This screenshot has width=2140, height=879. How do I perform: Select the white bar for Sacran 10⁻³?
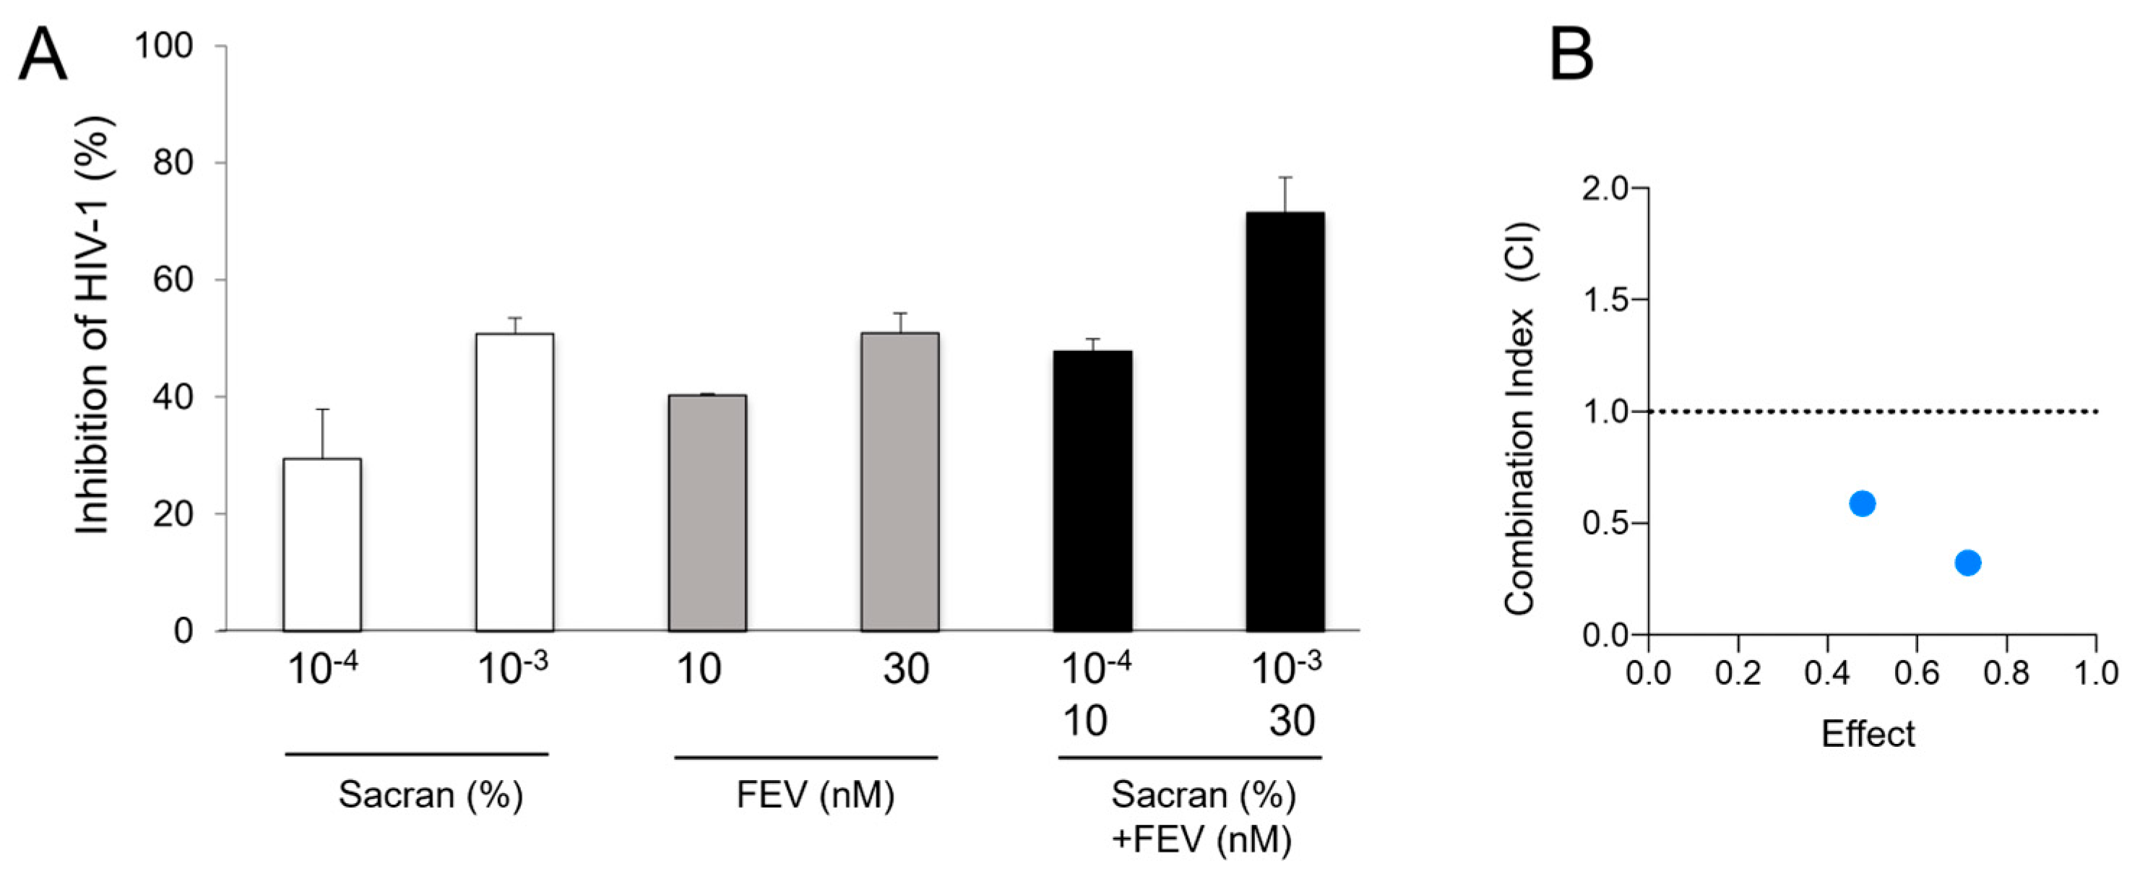pyautogui.click(x=514, y=482)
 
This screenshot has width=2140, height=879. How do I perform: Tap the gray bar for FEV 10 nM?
pyautogui.click(x=707, y=513)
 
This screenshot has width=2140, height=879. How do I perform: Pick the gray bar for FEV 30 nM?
pyautogui.click(x=899, y=482)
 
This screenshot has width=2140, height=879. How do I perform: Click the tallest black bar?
pyautogui.click(x=1285, y=421)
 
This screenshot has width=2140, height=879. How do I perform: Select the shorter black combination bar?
pyautogui.click(x=1092, y=490)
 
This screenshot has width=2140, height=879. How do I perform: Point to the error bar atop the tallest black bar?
pyautogui.click(x=1285, y=194)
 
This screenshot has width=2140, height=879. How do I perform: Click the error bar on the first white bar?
pyautogui.click(x=322, y=433)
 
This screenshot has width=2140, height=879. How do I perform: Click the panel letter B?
pyautogui.click(x=1572, y=54)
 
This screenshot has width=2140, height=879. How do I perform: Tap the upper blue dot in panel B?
pyautogui.click(x=1863, y=503)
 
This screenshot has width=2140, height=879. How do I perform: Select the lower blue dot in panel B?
pyautogui.click(x=1968, y=563)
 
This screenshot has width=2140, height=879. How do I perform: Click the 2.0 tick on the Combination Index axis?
pyautogui.click(x=1606, y=189)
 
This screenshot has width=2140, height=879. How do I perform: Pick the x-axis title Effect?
pyautogui.click(x=1868, y=735)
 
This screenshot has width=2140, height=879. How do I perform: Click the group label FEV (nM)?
pyautogui.click(x=815, y=795)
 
